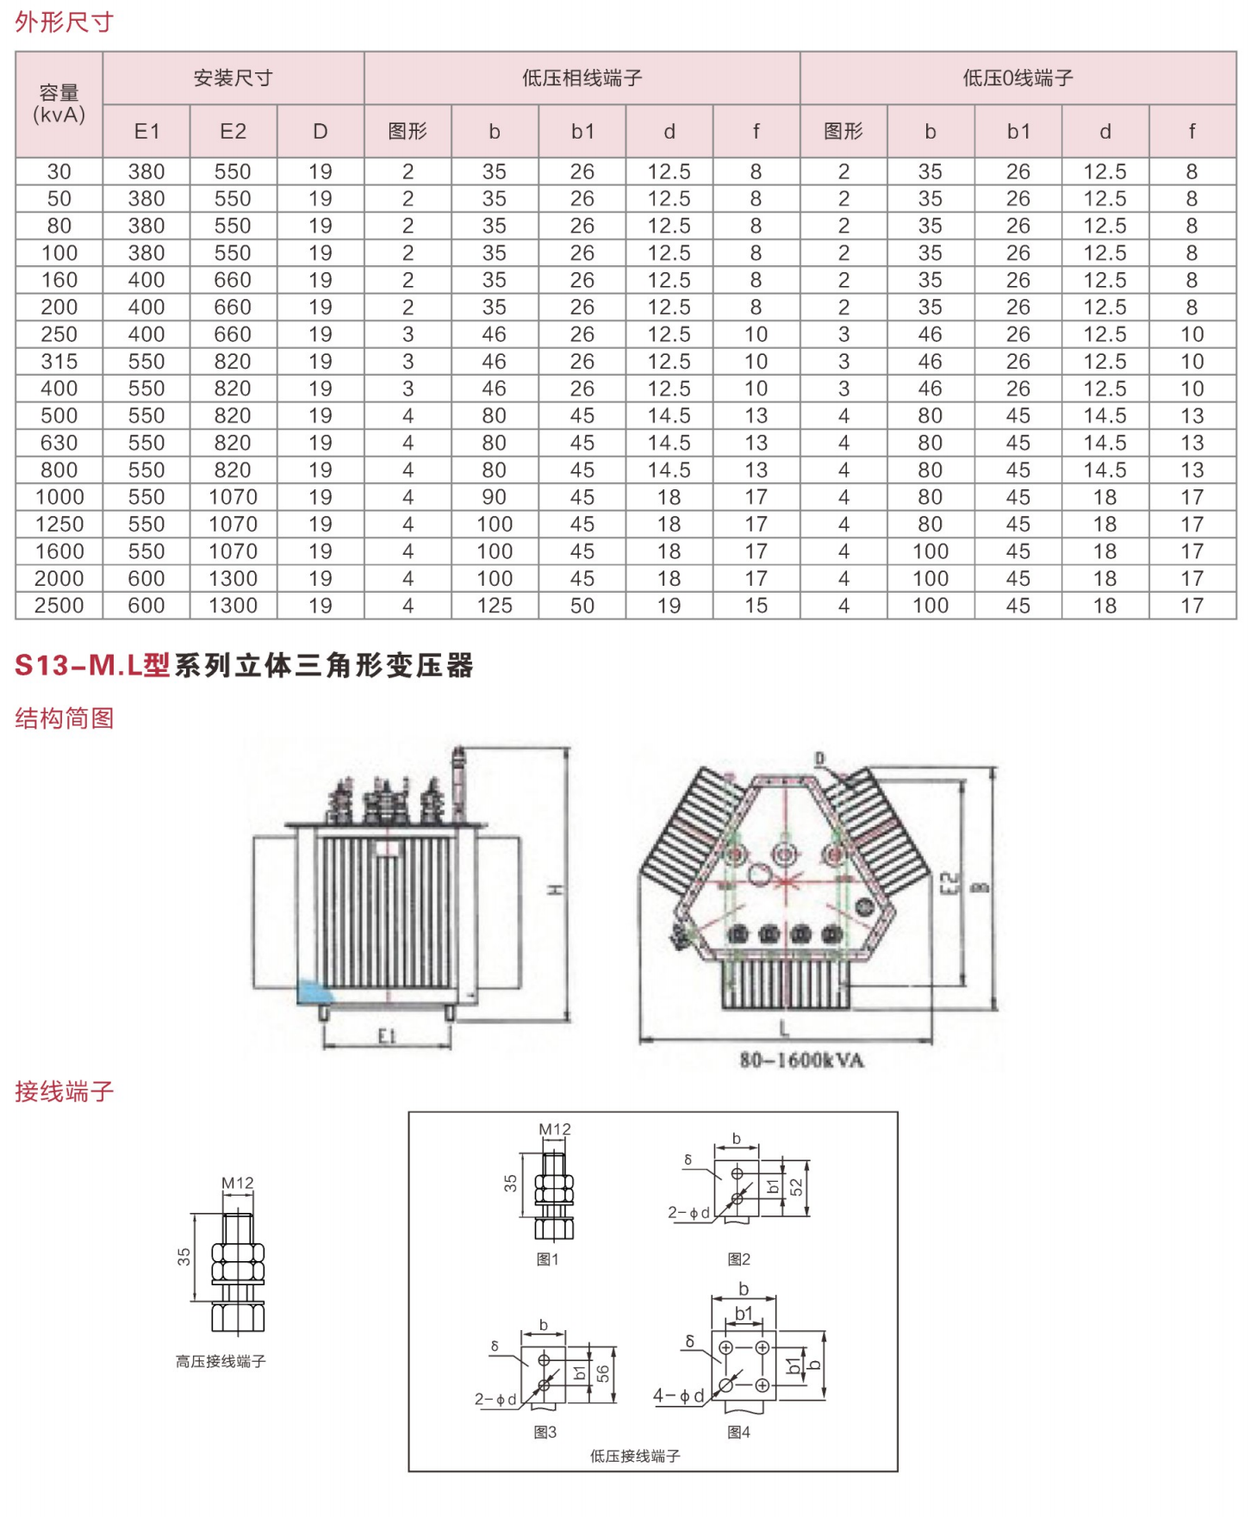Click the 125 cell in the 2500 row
[x=495, y=606]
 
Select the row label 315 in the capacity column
[x=59, y=362]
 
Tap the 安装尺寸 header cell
[x=233, y=78]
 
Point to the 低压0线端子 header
[x=1018, y=78]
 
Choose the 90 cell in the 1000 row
[x=495, y=497]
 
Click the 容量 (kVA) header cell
[x=59, y=104]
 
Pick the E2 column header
[x=233, y=131]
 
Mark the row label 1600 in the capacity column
[x=59, y=551]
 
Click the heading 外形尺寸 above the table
[x=64, y=22]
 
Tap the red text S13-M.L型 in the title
[x=92, y=665]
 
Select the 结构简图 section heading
[x=64, y=718]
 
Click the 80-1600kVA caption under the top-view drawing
[x=801, y=1060]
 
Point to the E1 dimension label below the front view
[x=387, y=1036]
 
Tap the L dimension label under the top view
[x=784, y=1028]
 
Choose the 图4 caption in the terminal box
[x=738, y=1432]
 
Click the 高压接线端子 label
[x=221, y=1361]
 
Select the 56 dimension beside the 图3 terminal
[x=602, y=1373]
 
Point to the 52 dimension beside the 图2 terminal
[x=796, y=1187]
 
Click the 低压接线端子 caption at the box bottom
[x=635, y=1456]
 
